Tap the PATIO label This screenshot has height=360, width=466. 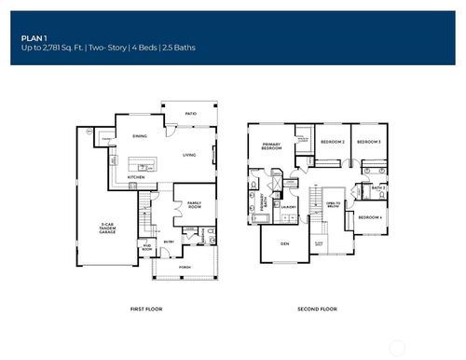[190, 113]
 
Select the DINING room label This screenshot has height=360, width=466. [140, 135]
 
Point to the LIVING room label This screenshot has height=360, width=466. [189, 156]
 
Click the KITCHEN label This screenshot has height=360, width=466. [135, 176]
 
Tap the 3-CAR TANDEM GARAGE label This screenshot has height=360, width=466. [107, 227]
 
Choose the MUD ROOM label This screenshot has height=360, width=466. [146, 249]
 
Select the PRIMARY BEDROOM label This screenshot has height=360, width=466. [271, 145]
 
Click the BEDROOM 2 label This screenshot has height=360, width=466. [334, 142]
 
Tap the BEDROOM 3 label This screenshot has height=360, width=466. [369, 142]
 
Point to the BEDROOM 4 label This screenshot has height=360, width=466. [370, 217]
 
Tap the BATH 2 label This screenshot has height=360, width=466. [377, 188]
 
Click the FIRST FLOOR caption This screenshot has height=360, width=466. [146, 309]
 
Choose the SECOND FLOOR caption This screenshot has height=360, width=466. [317, 309]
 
